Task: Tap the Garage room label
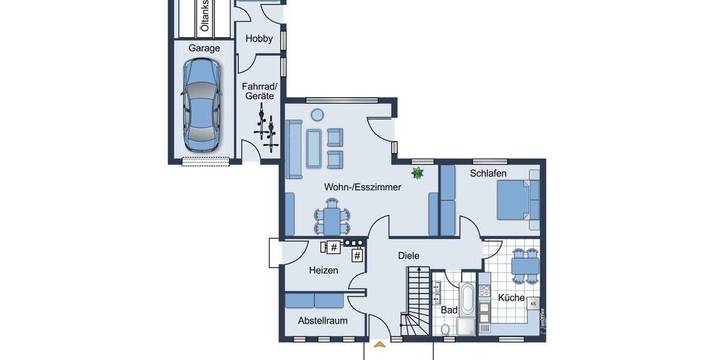tap(204, 48)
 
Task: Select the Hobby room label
tap(259, 39)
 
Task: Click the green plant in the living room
tap(417, 173)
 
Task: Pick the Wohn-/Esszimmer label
tap(362, 187)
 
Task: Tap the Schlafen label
tap(488, 173)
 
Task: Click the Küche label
tap(511, 298)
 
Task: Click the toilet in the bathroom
tap(445, 329)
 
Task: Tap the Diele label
tap(409, 256)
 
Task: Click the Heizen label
tap(323, 270)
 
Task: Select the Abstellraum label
tap(323, 321)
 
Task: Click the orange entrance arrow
tap(379, 344)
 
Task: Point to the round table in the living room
tap(316, 114)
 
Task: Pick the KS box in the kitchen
tap(533, 304)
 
